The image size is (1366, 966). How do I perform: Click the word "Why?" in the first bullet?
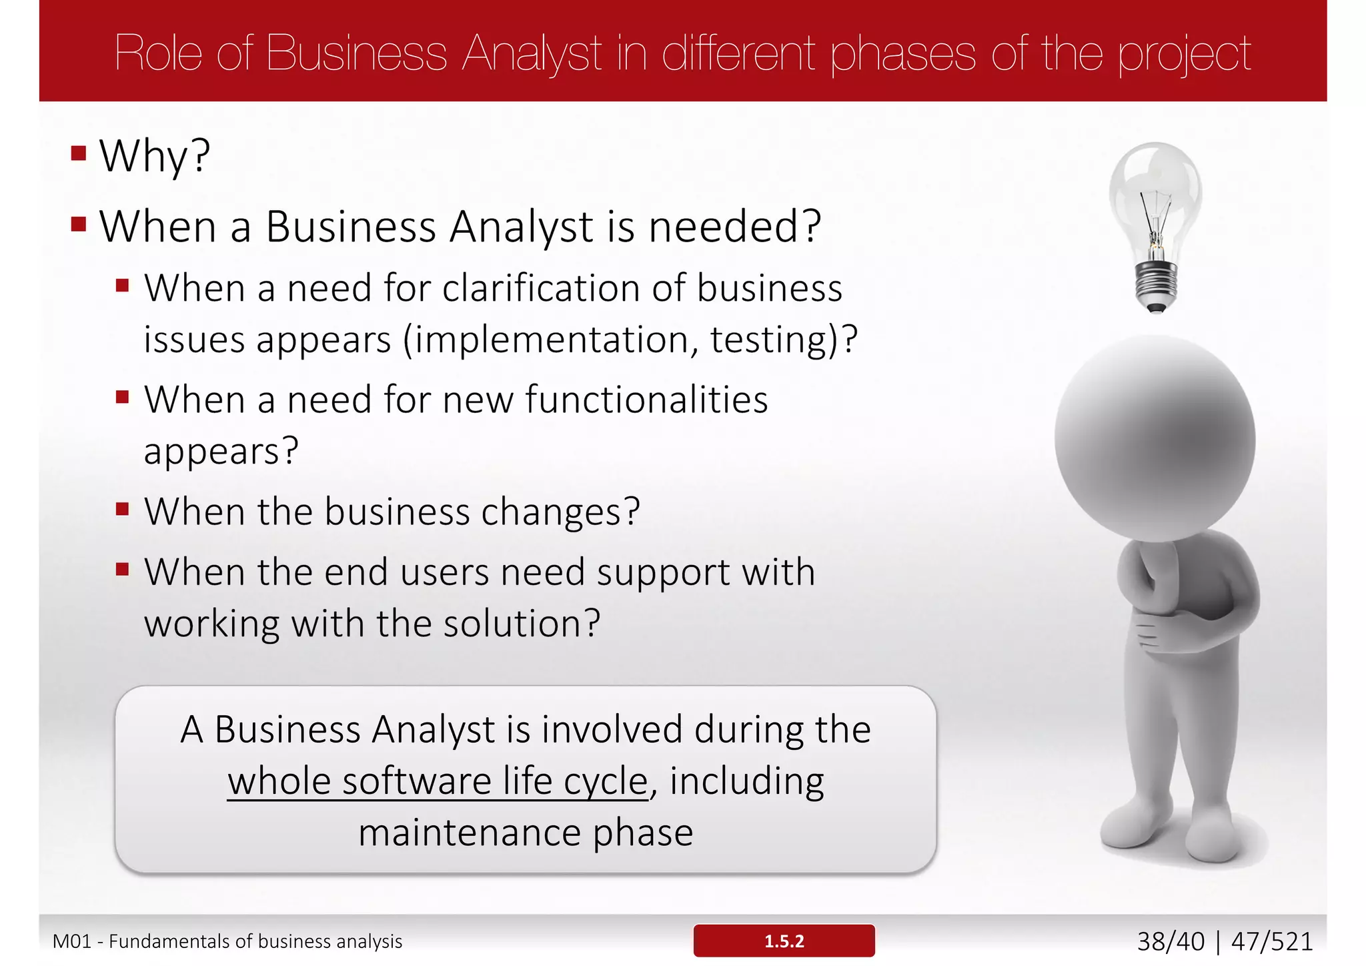(x=155, y=156)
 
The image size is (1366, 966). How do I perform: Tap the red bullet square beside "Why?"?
(x=79, y=153)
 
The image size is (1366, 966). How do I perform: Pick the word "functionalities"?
(x=646, y=400)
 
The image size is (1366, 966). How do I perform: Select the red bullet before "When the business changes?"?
(x=122, y=510)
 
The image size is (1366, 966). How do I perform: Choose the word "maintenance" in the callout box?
(x=470, y=833)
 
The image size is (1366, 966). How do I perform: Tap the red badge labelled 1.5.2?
(x=784, y=941)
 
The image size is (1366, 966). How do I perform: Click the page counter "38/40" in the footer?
(x=1171, y=941)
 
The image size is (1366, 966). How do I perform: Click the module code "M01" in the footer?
(x=71, y=941)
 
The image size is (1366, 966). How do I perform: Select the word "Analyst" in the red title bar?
(x=532, y=53)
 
